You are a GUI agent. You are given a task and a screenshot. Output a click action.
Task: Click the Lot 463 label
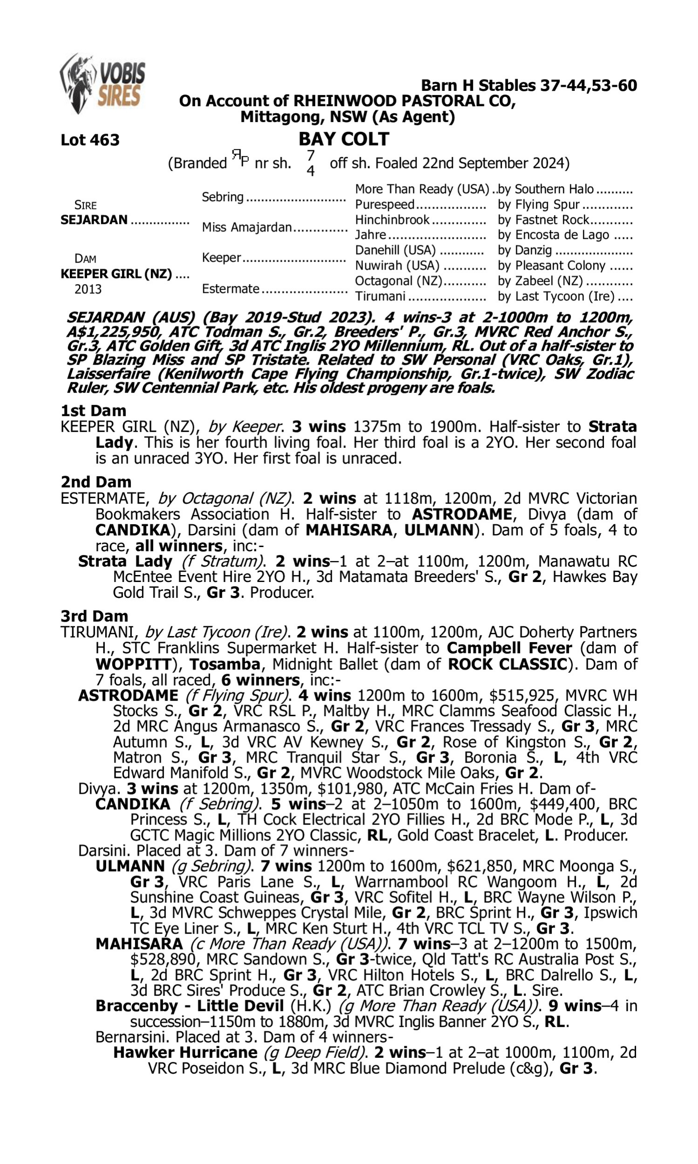(90, 140)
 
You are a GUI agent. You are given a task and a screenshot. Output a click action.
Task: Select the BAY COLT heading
(344, 139)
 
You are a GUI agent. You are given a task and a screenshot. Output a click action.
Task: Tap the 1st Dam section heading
(93, 410)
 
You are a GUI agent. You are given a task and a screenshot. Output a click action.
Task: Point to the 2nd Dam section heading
(96, 482)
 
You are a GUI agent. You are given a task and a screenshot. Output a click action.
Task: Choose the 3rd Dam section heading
(94, 616)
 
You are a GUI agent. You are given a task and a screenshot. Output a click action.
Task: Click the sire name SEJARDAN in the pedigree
(94, 220)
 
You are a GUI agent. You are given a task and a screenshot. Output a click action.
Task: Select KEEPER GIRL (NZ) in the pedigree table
(116, 273)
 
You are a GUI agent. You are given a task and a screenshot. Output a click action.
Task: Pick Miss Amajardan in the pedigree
(247, 227)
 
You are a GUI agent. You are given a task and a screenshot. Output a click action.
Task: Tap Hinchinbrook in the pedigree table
(392, 220)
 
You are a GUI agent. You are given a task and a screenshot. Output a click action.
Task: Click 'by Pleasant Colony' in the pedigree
(551, 265)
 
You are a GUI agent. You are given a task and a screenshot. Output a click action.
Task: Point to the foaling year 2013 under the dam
(88, 289)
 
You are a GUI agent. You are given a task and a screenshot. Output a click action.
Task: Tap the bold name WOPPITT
(133, 664)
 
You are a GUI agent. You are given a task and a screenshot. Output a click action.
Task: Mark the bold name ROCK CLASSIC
(508, 664)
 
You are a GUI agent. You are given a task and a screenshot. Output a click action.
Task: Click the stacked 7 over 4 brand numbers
(310, 163)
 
